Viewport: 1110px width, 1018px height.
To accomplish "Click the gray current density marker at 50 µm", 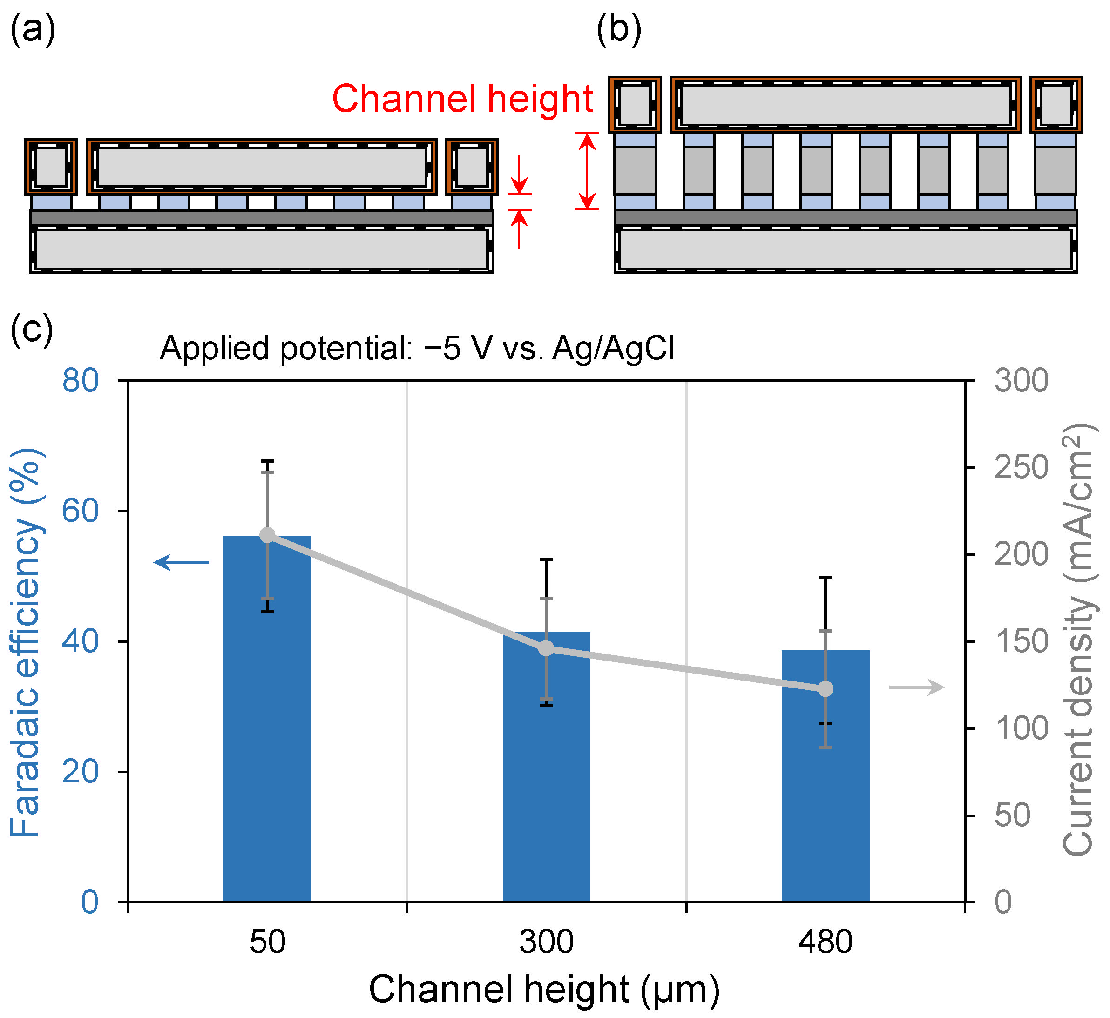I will tap(267, 535).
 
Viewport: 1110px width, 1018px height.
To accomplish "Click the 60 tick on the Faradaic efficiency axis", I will tap(81, 511).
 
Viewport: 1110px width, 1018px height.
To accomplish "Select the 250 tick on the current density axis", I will tap(1021, 468).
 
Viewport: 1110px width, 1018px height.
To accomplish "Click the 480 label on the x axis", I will tap(825, 942).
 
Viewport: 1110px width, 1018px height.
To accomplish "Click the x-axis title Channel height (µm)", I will tap(544, 989).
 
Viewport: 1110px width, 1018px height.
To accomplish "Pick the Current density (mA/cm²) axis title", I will tap(1078, 639).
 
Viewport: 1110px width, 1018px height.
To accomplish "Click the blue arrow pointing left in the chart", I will tap(181, 562).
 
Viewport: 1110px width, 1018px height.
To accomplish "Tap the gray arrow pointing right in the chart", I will tap(917, 688).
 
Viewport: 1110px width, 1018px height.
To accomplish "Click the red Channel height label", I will tap(463, 99).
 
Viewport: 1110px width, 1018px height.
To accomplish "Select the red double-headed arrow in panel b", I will tap(588, 171).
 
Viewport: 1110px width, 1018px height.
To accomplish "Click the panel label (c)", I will tap(32, 329).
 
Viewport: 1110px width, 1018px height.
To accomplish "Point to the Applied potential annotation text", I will tap(417, 349).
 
